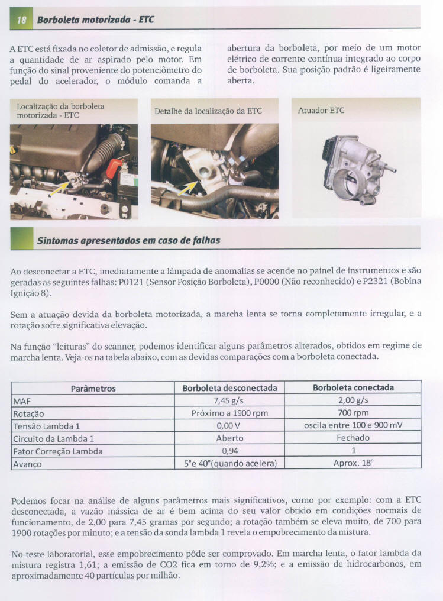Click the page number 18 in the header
coord(21,20)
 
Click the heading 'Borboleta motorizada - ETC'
coord(95,20)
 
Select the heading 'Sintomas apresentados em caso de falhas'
coord(128,240)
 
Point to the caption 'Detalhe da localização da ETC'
coord(208,111)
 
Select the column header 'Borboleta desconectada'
coord(229,388)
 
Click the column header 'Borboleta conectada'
coord(354,388)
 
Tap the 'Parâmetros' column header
coord(93,389)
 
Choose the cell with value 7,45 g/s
coord(229,400)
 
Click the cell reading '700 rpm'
coord(354,413)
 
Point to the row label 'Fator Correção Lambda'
coord(58,451)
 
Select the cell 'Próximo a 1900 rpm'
coord(229,413)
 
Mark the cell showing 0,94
coord(229,451)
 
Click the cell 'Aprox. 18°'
coord(354,464)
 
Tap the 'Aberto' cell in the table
coord(229,438)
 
